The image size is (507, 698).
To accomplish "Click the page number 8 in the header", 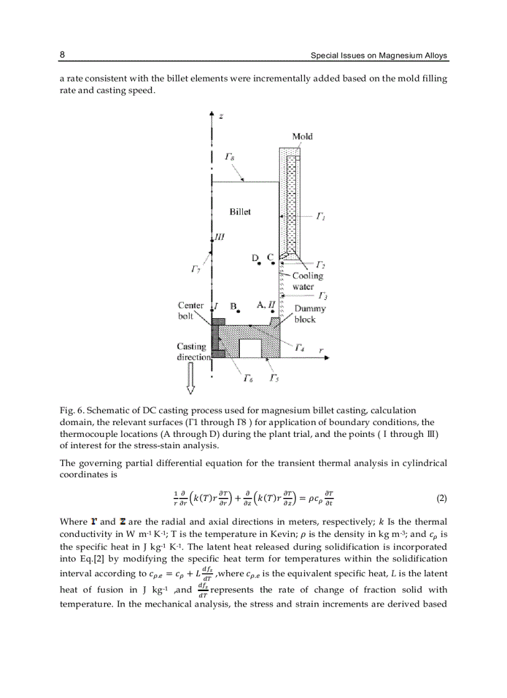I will click(x=62, y=55).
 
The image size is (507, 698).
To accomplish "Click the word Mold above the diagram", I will click(x=302, y=136).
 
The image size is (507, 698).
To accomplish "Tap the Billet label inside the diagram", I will click(x=240, y=212).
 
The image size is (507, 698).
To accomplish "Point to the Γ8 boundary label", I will click(x=229, y=159).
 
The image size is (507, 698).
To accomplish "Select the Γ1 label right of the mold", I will click(x=321, y=216).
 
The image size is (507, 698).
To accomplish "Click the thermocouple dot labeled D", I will click(x=258, y=264).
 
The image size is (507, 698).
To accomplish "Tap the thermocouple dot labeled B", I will click(x=239, y=312).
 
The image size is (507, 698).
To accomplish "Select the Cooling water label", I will click(x=308, y=281).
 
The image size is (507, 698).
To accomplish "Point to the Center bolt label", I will click(x=190, y=310).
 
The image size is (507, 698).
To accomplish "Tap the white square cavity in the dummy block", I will click(x=249, y=348).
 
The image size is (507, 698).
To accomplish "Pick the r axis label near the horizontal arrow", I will click(x=321, y=351).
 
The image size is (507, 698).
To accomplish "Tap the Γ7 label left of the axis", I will click(x=195, y=269).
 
